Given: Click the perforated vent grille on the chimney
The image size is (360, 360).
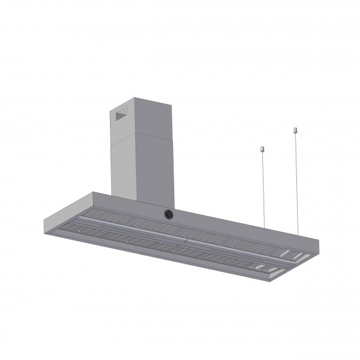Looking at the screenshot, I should (x=122, y=116).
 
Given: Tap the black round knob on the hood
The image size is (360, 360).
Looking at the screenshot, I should (x=168, y=213).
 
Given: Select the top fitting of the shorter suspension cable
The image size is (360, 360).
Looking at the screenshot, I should (x=262, y=150).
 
